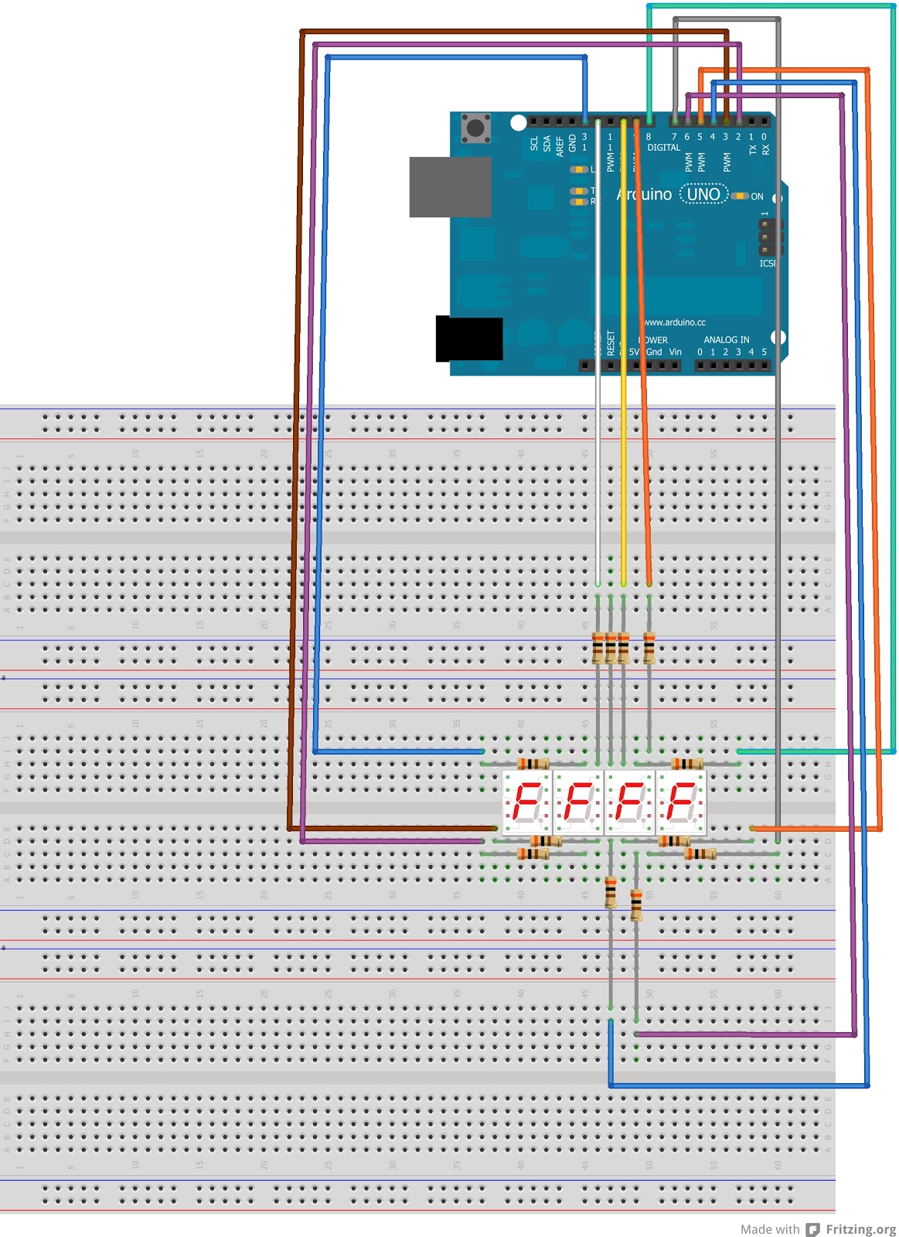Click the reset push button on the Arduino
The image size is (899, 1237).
click(x=475, y=128)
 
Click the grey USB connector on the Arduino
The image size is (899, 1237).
click(x=450, y=187)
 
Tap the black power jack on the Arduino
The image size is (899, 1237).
click(x=469, y=339)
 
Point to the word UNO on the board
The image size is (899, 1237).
click(x=703, y=194)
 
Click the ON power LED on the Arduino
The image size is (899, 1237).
click(x=740, y=196)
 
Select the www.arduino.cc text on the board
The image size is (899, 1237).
click(x=675, y=322)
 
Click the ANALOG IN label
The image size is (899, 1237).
click(x=726, y=339)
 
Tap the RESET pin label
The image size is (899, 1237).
click(x=611, y=342)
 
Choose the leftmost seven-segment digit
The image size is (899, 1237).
click(x=527, y=803)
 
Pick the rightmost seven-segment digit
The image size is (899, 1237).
click(x=681, y=803)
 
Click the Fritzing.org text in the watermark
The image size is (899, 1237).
click(x=860, y=1229)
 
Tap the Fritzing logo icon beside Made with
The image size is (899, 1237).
click(x=812, y=1229)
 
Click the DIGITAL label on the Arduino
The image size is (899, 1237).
click(x=664, y=147)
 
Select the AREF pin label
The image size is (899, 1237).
click(x=560, y=146)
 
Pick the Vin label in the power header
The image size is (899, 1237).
click(x=675, y=352)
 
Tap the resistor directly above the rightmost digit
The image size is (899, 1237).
click(x=686, y=764)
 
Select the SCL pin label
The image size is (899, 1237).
click(x=534, y=144)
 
